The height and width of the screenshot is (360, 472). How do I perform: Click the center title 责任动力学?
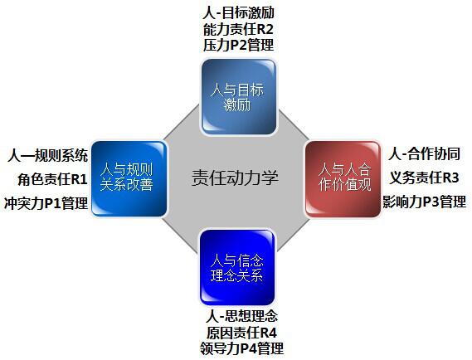(x=235, y=178)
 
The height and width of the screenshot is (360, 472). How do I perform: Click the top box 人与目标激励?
(x=239, y=97)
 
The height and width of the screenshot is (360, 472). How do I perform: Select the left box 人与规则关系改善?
(x=129, y=179)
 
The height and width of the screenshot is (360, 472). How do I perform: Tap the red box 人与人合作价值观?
(x=343, y=179)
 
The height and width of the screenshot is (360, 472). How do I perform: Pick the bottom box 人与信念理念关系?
(x=237, y=267)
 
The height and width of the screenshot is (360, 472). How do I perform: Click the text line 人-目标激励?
(x=238, y=13)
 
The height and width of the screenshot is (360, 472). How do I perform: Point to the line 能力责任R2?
(x=238, y=30)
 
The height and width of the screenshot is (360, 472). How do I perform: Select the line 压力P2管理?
(x=238, y=46)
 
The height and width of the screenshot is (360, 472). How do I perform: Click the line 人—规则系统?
(x=48, y=156)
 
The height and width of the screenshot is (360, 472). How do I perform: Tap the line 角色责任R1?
(x=53, y=179)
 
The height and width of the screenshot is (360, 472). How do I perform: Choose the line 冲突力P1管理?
(x=46, y=203)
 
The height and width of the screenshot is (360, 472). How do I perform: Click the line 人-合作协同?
(x=424, y=154)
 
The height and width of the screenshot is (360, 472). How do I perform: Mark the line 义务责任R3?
(x=424, y=178)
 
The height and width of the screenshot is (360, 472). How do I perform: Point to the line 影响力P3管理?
(x=425, y=202)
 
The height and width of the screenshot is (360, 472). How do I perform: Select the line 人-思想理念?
(x=241, y=316)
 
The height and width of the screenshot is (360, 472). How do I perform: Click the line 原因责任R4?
(x=241, y=333)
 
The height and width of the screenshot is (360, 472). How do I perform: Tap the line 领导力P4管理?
(x=241, y=348)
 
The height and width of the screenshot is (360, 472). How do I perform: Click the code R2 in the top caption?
(x=265, y=30)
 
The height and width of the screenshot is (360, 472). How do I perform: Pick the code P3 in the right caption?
(x=431, y=202)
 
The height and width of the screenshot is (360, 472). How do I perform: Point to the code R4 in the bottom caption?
(x=268, y=333)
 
